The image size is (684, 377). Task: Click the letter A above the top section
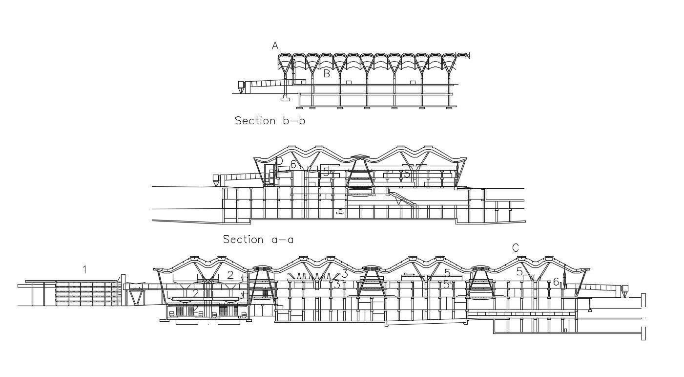(275, 46)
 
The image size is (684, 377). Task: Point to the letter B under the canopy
(327, 74)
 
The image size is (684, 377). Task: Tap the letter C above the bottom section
(516, 248)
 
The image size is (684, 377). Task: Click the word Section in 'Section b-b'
(255, 121)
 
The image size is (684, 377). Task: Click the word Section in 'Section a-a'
(243, 239)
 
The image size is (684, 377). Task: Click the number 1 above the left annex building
(85, 269)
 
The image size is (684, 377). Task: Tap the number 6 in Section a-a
(293, 165)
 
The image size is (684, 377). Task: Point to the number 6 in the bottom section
(556, 282)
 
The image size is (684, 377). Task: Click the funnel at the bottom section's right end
(624, 292)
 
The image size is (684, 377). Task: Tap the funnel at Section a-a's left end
(215, 181)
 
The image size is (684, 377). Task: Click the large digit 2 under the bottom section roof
(230, 275)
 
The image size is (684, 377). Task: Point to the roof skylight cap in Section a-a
(360, 157)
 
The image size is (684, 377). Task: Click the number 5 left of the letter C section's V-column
(519, 271)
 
